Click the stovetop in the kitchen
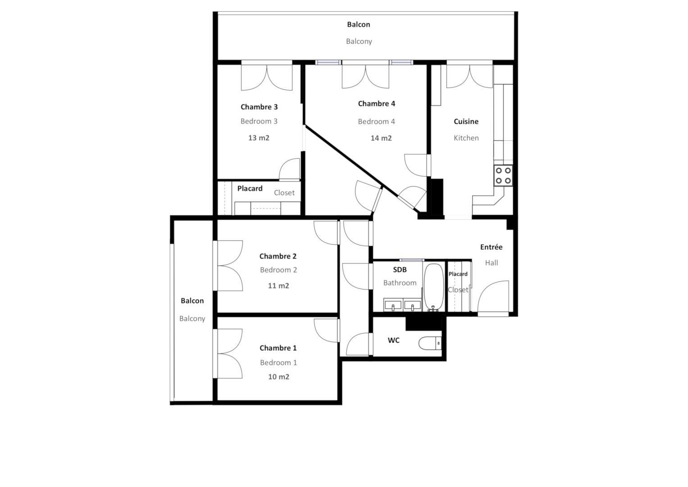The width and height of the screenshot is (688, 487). coord(503,175)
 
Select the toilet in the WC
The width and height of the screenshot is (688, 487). coord(430,343)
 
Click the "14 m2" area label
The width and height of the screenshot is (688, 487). coord(381,138)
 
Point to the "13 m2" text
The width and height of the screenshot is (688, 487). coord(259,138)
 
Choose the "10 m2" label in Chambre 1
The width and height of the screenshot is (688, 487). coord(279,377)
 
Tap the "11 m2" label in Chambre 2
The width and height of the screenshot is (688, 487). coord(278,285)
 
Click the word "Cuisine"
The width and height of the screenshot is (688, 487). coord(466,121)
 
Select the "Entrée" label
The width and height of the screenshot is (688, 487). coord(492,247)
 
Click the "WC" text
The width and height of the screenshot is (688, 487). coord(394,340)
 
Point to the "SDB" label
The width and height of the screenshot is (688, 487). coord(400,270)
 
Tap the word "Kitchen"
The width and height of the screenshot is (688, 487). coord(466,138)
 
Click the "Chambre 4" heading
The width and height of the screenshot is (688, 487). coord(377,104)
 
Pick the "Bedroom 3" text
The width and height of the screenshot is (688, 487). coord(259,121)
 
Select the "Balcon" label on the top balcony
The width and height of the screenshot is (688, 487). coord(359,24)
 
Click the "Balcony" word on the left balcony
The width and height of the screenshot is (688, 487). coord(192,318)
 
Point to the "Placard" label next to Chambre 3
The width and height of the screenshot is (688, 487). coord(250,188)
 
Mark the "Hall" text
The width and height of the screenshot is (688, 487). coord(492,263)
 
